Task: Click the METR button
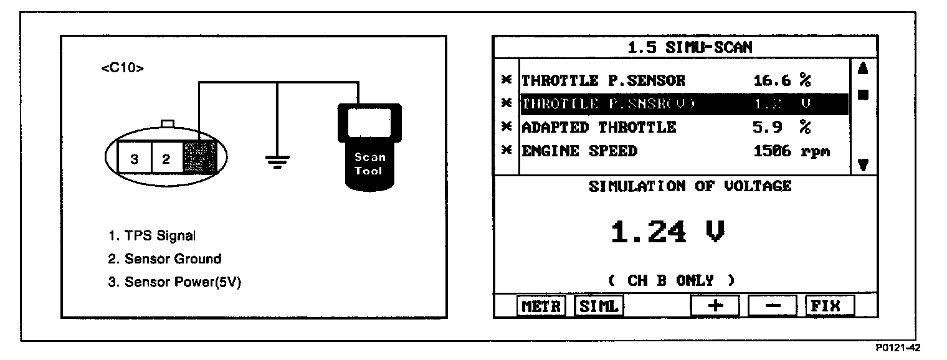(541, 306)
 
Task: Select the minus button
(772, 306)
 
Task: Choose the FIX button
(829, 306)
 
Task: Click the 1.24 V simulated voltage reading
(667, 233)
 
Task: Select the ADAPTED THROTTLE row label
(598, 128)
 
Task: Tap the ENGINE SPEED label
(579, 151)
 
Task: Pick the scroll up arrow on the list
(863, 69)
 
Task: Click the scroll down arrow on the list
(863, 165)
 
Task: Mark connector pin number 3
(134, 159)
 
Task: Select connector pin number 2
(166, 159)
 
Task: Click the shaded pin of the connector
(199, 158)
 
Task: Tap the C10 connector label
(122, 69)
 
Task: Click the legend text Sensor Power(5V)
(174, 282)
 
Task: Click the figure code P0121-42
(898, 348)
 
